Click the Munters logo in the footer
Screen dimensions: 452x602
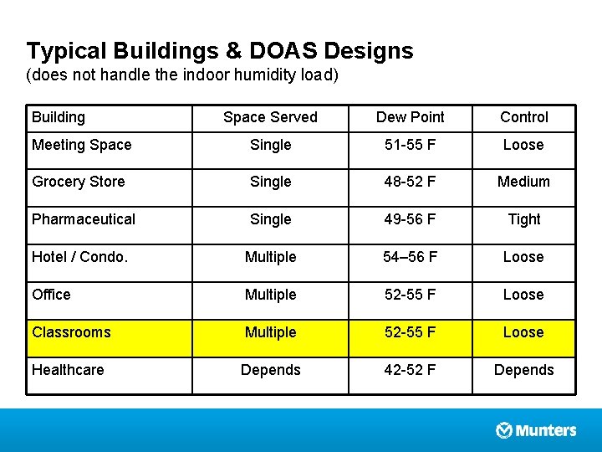[x=536, y=430]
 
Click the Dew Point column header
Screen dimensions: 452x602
[x=411, y=117]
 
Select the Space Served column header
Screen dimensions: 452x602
[x=270, y=117]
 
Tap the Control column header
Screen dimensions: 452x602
[x=523, y=117]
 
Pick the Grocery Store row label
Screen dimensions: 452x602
[x=78, y=182]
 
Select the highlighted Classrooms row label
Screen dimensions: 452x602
[x=71, y=332]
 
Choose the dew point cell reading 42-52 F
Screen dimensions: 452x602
[x=410, y=369]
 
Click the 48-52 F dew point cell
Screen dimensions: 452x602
[x=410, y=182]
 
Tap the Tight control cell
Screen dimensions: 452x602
[x=523, y=219]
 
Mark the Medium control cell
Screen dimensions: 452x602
[x=523, y=182]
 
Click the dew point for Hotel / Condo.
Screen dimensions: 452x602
[x=410, y=257]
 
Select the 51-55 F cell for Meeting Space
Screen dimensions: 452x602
[x=410, y=145]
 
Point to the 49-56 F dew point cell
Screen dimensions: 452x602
[x=410, y=219]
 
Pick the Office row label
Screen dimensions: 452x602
[x=51, y=295]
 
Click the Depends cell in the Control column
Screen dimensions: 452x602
[x=523, y=369]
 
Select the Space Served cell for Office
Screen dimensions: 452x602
[x=270, y=295]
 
